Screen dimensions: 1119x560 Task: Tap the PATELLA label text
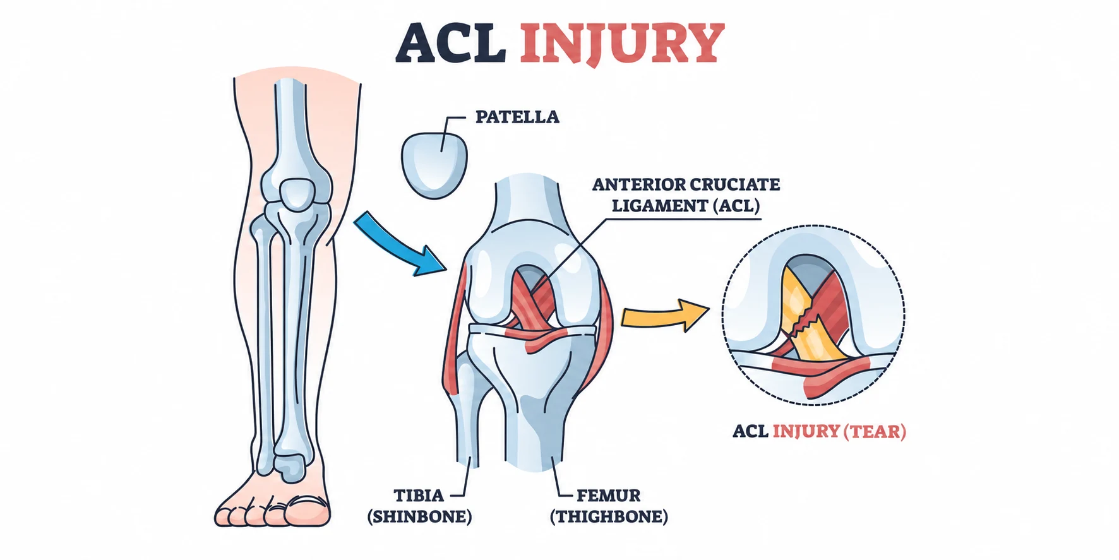coord(517,117)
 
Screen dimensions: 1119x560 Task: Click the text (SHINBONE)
coord(419,516)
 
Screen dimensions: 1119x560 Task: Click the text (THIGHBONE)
coord(609,516)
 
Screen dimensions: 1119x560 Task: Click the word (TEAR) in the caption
coord(876,431)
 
